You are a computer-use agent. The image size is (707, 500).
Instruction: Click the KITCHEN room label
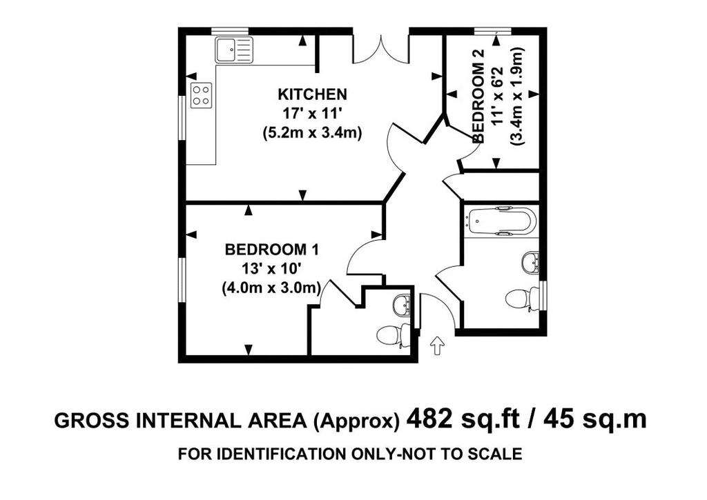tap(313, 94)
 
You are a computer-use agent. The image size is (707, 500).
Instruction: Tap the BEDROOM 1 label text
tap(272, 249)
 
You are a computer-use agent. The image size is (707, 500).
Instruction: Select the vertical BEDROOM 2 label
tap(478, 96)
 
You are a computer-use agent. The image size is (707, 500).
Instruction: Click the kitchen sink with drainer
tap(234, 50)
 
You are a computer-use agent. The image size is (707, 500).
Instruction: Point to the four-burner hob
tap(202, 95)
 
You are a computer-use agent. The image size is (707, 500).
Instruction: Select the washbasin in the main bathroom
tap(531, 263)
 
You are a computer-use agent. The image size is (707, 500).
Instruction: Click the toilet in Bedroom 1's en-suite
tap(392, 334)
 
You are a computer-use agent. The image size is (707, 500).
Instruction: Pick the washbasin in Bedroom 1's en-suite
tap(401, 305)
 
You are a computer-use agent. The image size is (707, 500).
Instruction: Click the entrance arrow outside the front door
tap(437, 346)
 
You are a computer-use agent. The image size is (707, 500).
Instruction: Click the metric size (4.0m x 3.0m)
tap(271, 288)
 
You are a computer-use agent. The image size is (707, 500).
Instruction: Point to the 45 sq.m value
tap(595, 420)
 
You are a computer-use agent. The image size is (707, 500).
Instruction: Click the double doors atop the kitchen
tap(381, 48)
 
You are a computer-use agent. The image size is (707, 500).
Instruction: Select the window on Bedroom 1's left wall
tap(182, 279)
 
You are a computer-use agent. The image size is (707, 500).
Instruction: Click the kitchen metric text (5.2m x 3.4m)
tap(313, 134)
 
